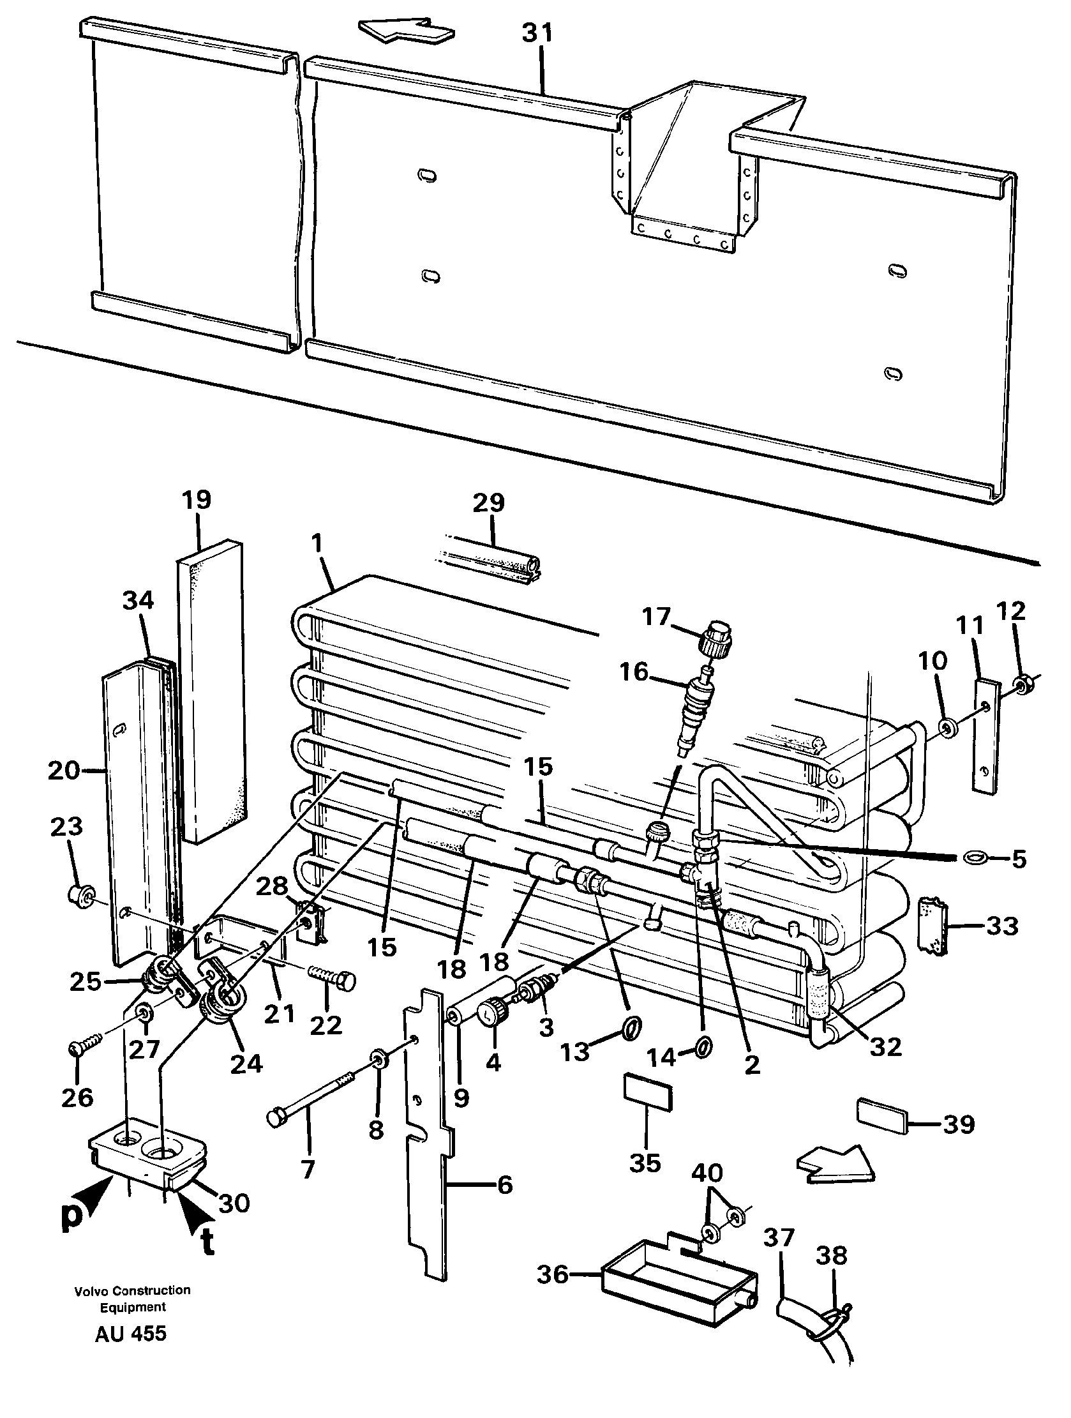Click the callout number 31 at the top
pyautogui.click(x=537, y=33)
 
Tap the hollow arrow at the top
pyautogui.click(x=407, y=31)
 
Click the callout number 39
pyautogui.click(x=959, y=1124)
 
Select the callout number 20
pyautogui.click(x=64, y=771)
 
